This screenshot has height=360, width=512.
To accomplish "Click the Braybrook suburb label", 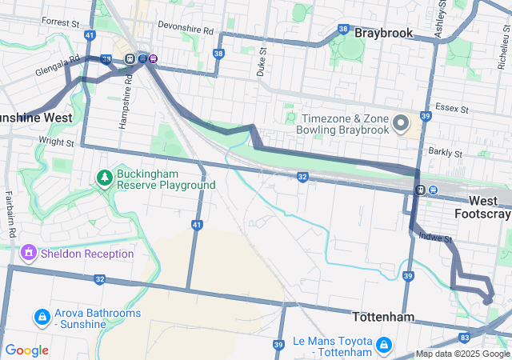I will pyautogui.click(x=383, y=34).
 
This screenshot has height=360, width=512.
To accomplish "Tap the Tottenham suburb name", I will pyautogui.click(x=383, y=317).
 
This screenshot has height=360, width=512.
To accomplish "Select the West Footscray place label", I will pyautogui.click(x=482, y=206).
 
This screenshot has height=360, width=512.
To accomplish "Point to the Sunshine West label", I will pyautogui.click(x=36, y=118).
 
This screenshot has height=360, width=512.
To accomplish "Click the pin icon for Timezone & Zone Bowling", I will pyautogui.click(x=402, y=122).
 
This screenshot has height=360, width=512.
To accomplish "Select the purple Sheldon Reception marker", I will pyautogui.click(x=30, y=254).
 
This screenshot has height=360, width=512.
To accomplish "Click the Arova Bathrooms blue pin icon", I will pyautogui.click(x=41, y=318).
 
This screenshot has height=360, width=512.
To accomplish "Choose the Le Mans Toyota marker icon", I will pyautogui.click(x=384, y=346).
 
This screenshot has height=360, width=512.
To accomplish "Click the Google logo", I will pyautogui.click(x=26, y=350).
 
